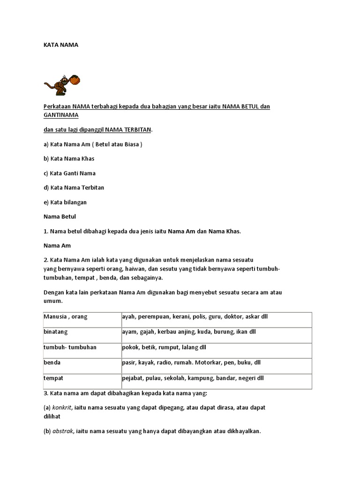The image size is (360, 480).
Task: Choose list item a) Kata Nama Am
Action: coord(92,144)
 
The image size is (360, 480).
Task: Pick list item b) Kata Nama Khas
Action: coord(69,158)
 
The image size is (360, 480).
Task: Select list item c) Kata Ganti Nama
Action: coord(69,173)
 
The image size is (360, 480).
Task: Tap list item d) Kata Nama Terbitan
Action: coord(74,187)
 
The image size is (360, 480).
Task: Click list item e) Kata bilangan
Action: coord(65,202)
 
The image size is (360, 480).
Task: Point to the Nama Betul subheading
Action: coord(60,217)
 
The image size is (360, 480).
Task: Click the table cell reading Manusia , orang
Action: coord(66,317)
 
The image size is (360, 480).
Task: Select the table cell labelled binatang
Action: coord(56,332)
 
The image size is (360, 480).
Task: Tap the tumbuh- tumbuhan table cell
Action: coord(70,347)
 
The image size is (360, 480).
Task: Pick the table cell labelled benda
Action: coord(52,362)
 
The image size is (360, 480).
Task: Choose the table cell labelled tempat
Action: coord(53,378)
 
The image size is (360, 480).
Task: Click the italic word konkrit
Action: coord(62,408)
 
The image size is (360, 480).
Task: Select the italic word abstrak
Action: coord(63,431)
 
